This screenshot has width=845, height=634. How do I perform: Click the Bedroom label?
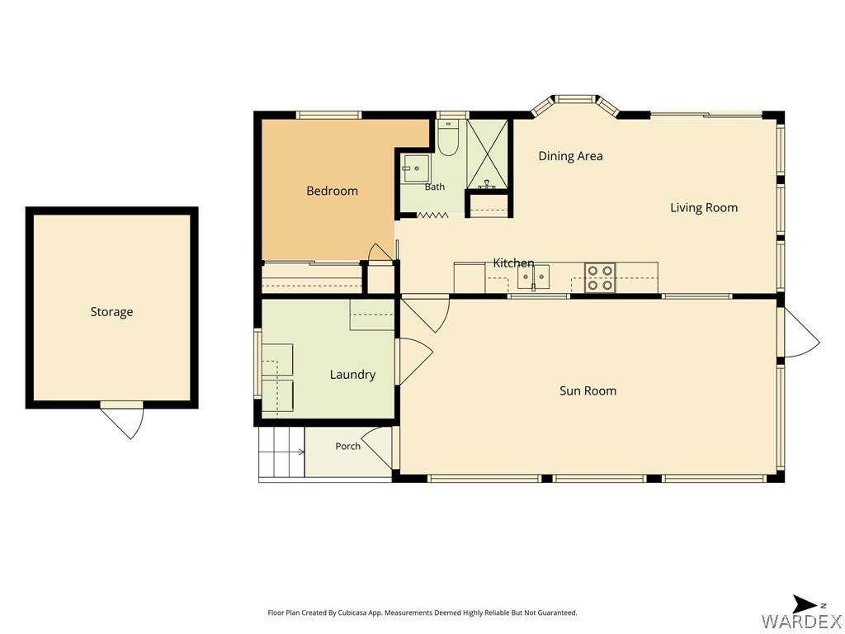coord(332,191)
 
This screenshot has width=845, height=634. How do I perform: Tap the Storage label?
coord(111,312)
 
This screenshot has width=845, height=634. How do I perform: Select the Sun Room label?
coord(588,390)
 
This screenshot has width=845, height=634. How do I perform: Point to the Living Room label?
coord(704,207)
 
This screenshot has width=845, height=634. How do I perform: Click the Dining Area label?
coord(571,156)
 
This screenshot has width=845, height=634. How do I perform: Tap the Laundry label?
coord(352,375)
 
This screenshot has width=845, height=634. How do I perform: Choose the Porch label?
coord(347,447)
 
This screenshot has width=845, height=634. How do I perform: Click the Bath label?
coord(435,187)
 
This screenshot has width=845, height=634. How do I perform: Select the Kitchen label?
coord(513,263)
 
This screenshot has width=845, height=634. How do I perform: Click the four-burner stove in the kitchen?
coord(601,277)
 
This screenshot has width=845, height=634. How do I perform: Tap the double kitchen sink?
coord(533,277)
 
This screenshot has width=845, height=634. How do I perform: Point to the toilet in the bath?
coord(447,138)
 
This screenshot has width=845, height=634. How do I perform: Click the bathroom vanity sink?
coord(415,169)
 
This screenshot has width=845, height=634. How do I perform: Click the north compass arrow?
coord(805,604)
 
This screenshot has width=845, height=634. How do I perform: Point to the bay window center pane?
coord(575,99)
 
